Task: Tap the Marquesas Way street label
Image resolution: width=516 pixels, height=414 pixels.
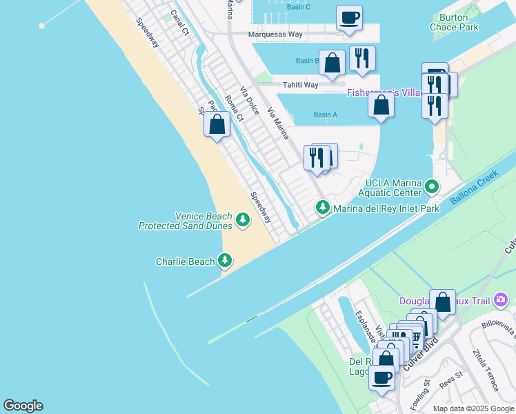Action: pos(276,34)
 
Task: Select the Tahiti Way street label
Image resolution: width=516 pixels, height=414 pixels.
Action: pos(300,85)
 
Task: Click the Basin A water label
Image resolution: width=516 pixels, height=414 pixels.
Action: pos(325,115)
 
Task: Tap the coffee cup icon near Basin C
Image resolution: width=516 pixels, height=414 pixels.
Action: pos(349,17)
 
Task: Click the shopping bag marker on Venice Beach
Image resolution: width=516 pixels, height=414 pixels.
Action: pos(217,125)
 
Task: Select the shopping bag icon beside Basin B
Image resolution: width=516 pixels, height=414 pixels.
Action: pos(332,62)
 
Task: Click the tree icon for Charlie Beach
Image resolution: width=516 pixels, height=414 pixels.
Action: pos(224,261)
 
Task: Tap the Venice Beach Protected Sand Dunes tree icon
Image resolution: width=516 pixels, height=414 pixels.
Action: pos(242,219)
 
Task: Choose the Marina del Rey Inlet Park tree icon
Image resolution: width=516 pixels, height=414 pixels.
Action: pos(322,207)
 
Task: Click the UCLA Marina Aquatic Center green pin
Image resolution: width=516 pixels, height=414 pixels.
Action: pos(432,186)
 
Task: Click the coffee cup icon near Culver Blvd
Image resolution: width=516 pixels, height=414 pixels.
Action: pos(381,377)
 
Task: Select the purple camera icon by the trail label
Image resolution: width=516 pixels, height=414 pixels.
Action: pos(501,300)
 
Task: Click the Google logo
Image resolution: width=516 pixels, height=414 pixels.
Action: pos(23,406)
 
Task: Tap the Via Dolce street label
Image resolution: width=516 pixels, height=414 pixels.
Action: pos(249,101)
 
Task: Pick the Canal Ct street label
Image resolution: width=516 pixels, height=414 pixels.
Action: pos(179,22)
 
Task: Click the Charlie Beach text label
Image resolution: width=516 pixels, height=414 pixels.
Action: pos(185,262)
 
